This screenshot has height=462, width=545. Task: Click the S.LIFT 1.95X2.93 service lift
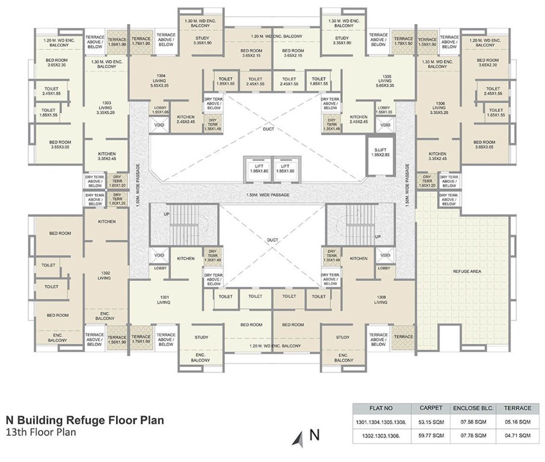(x=380, y=152)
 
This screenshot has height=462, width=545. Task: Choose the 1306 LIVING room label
(x=439, y=108)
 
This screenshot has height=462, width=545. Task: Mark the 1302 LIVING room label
(x=105, y=276)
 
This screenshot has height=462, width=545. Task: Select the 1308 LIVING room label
(x=380, y=299)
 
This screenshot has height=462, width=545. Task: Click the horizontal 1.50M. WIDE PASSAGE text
(x=268, y=195)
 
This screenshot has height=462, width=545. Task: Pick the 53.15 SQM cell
(x=431, y=422)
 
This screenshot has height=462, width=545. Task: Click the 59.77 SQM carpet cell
(x=431, y=435)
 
